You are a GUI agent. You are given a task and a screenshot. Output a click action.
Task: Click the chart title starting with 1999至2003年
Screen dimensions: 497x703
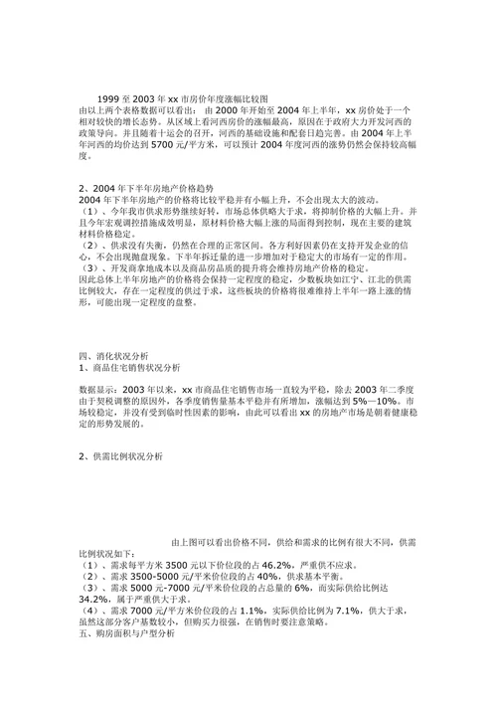[183, 100]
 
